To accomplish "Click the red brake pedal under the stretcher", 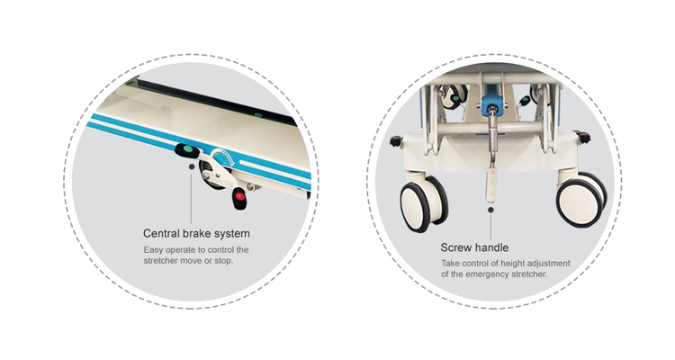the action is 239,198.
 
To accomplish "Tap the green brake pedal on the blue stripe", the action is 187,150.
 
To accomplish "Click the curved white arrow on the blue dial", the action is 223,156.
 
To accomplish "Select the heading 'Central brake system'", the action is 196,233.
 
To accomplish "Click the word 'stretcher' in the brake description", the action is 160,260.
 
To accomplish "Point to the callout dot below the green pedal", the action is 191,166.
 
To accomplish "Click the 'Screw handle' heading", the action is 474,247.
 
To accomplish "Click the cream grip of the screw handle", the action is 491,185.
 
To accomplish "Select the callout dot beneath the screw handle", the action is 490,210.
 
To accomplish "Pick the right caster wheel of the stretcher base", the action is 581,200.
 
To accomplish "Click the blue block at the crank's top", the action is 492,105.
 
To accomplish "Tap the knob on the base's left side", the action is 396,140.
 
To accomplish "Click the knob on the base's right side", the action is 584,137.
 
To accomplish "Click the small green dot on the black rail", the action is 257,114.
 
